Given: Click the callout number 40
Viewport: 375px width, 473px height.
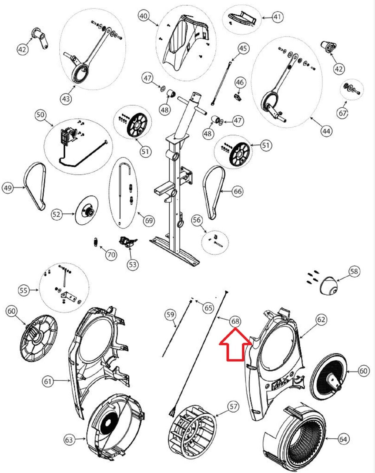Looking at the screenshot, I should pyautogui.click(x=144, y=16).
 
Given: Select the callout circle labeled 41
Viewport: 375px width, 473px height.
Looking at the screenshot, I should pyautogui.click(x=277, y=17).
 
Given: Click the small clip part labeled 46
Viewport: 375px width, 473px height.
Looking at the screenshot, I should pyautogui.click(x=238, y=96).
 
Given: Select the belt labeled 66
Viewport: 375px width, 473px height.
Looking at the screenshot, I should pyautogui.click(x=213, y=192).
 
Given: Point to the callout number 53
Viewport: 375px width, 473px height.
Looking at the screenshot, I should pyautogui.click(x=132, y=264).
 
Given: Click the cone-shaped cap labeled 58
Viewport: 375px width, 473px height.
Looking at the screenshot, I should pyautogui.click(x=328, y=286).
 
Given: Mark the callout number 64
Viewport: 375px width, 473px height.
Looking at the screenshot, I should pyautogui.click(x=343, y=439).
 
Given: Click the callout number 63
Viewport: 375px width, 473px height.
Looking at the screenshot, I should pyautogui.click(x=69, y=440).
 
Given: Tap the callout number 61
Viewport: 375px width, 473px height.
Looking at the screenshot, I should pyautogui.click(x=48, y=381).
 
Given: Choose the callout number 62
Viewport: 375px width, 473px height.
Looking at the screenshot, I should pyautogui.click(x=321, y=319).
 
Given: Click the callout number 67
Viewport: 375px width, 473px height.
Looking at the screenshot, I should pyautogui.click(x=342, y=113).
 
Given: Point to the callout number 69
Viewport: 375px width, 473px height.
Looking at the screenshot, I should pyautogui.click(x=149, y=221).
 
